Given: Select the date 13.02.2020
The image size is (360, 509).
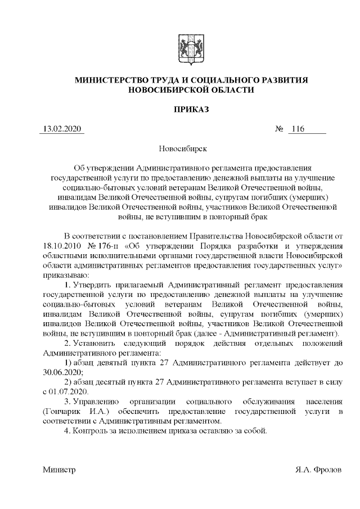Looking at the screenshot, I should tap(62, 130).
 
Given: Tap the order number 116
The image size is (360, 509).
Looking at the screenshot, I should tap(296, 130).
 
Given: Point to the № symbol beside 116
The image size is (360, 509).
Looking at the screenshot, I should tap(279, 130).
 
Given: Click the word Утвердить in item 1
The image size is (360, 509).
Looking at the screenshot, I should tap(100, 286).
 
